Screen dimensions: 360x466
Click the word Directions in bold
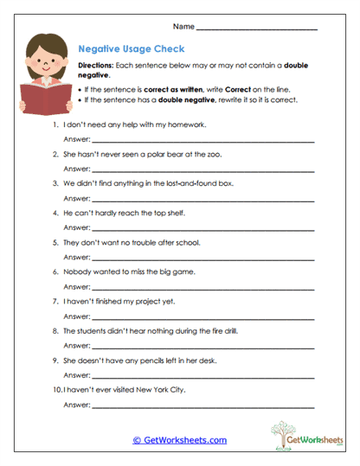click(x=96, y=67)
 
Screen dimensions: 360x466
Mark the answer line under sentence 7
click(x=203, y=315)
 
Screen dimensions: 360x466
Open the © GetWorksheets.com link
click(x=180, y=440)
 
